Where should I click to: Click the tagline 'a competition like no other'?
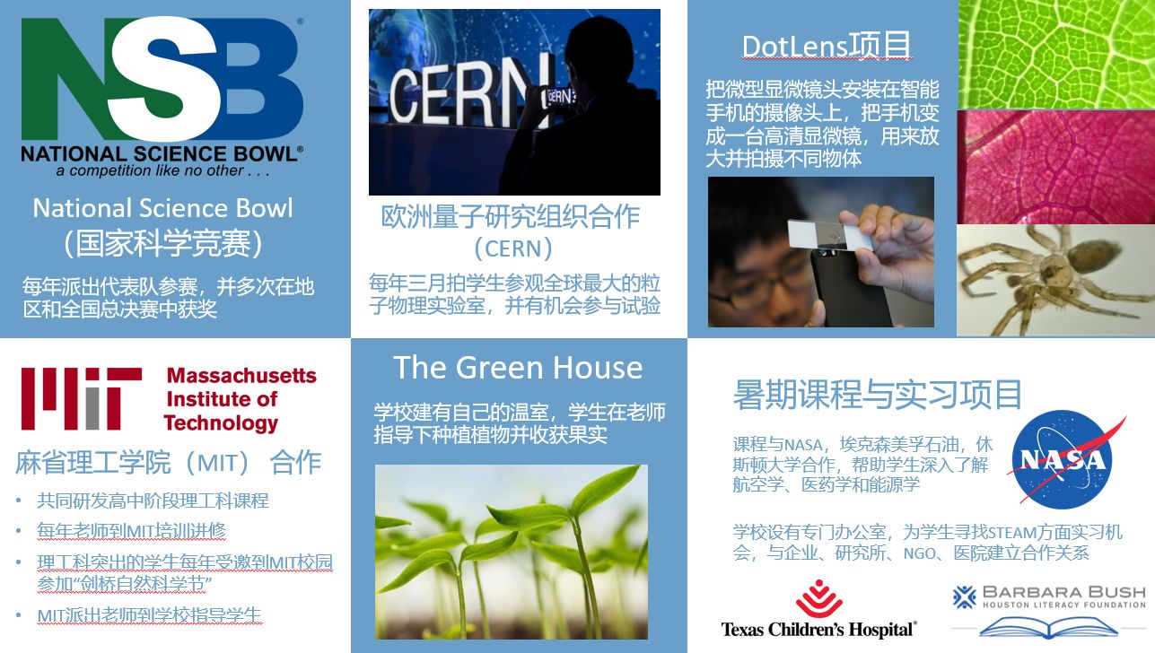point(163,170)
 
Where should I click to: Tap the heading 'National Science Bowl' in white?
point(163,208)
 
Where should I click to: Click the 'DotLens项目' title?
point(826,47)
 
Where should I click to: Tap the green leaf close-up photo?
point(1056,54)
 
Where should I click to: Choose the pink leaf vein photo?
point(1056,167)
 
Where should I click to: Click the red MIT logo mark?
point(82,398)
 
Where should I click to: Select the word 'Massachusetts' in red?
point(241,375)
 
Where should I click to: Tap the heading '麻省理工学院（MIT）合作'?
point(168,462)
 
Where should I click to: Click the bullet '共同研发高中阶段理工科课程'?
point(153,501)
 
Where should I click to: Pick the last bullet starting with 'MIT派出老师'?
point(149,615)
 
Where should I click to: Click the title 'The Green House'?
point(518,368)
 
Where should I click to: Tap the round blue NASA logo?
point(1063,458)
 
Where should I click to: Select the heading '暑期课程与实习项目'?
point(877,395)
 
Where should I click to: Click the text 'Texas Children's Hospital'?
point(818,630)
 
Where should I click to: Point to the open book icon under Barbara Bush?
point(1048,627)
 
